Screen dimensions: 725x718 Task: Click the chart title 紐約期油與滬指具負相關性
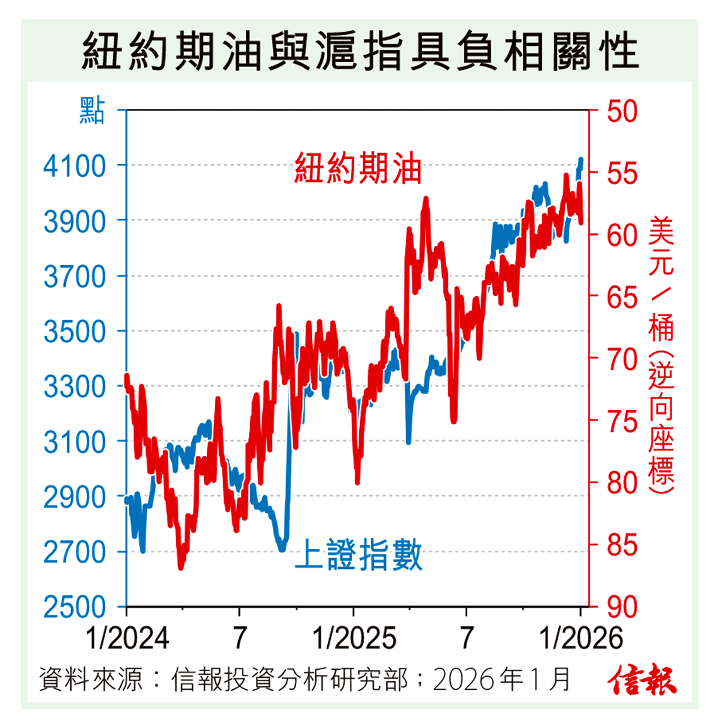click(359, 51)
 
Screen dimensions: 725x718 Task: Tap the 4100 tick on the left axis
click(74, 166)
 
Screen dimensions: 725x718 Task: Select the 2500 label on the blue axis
click(74, 607)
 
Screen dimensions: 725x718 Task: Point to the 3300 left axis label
click(74, 386)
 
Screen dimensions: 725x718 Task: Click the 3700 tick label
click(74, 276)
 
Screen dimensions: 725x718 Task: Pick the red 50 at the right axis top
click(622, 112)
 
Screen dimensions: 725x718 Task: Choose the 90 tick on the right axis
click(622, 607)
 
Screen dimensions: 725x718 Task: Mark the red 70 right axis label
click(622, 360)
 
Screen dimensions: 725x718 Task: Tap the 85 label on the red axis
click(622, 545)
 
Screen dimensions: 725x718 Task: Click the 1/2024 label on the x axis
click(127, 638)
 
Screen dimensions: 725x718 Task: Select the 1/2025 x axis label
click(354, 638)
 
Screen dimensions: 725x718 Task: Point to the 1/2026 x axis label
click(581, 638)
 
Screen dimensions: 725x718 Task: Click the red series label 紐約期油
click(358, 168)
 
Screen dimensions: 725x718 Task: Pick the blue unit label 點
click(92, 111)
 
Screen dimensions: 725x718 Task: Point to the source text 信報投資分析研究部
click(290, 680)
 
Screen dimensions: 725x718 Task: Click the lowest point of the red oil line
click(181, 567)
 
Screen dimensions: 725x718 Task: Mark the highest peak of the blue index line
click(581, 159)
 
